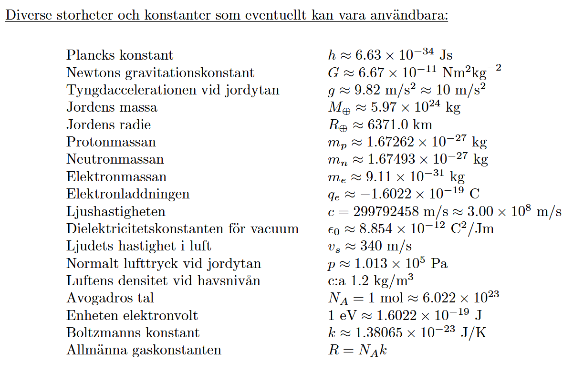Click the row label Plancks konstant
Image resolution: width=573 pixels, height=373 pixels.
tap(120, 55)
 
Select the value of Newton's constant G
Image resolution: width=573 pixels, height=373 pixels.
tap(412, 73)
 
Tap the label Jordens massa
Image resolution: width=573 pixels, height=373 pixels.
tap(112, 107)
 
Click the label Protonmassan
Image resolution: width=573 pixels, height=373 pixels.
tap(111, 142)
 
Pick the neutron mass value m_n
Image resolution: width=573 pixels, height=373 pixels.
tap(405, 159)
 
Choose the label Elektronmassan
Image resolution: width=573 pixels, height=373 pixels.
tap(116, 177)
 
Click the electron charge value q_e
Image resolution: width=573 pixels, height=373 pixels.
tap(401, 194)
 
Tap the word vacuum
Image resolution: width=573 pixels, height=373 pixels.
tap(275, 229)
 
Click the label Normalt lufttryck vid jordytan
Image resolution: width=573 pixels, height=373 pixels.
tap(164, 264)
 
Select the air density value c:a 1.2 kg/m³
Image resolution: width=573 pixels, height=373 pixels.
tap(368, 281)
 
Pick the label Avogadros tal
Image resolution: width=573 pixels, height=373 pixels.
tap(110, 299)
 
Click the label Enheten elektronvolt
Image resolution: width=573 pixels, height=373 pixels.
tap(132, 316)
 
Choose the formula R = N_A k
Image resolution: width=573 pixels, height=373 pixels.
tap(357, 351)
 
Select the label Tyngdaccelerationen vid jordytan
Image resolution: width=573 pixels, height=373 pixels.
tap(173, 90)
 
